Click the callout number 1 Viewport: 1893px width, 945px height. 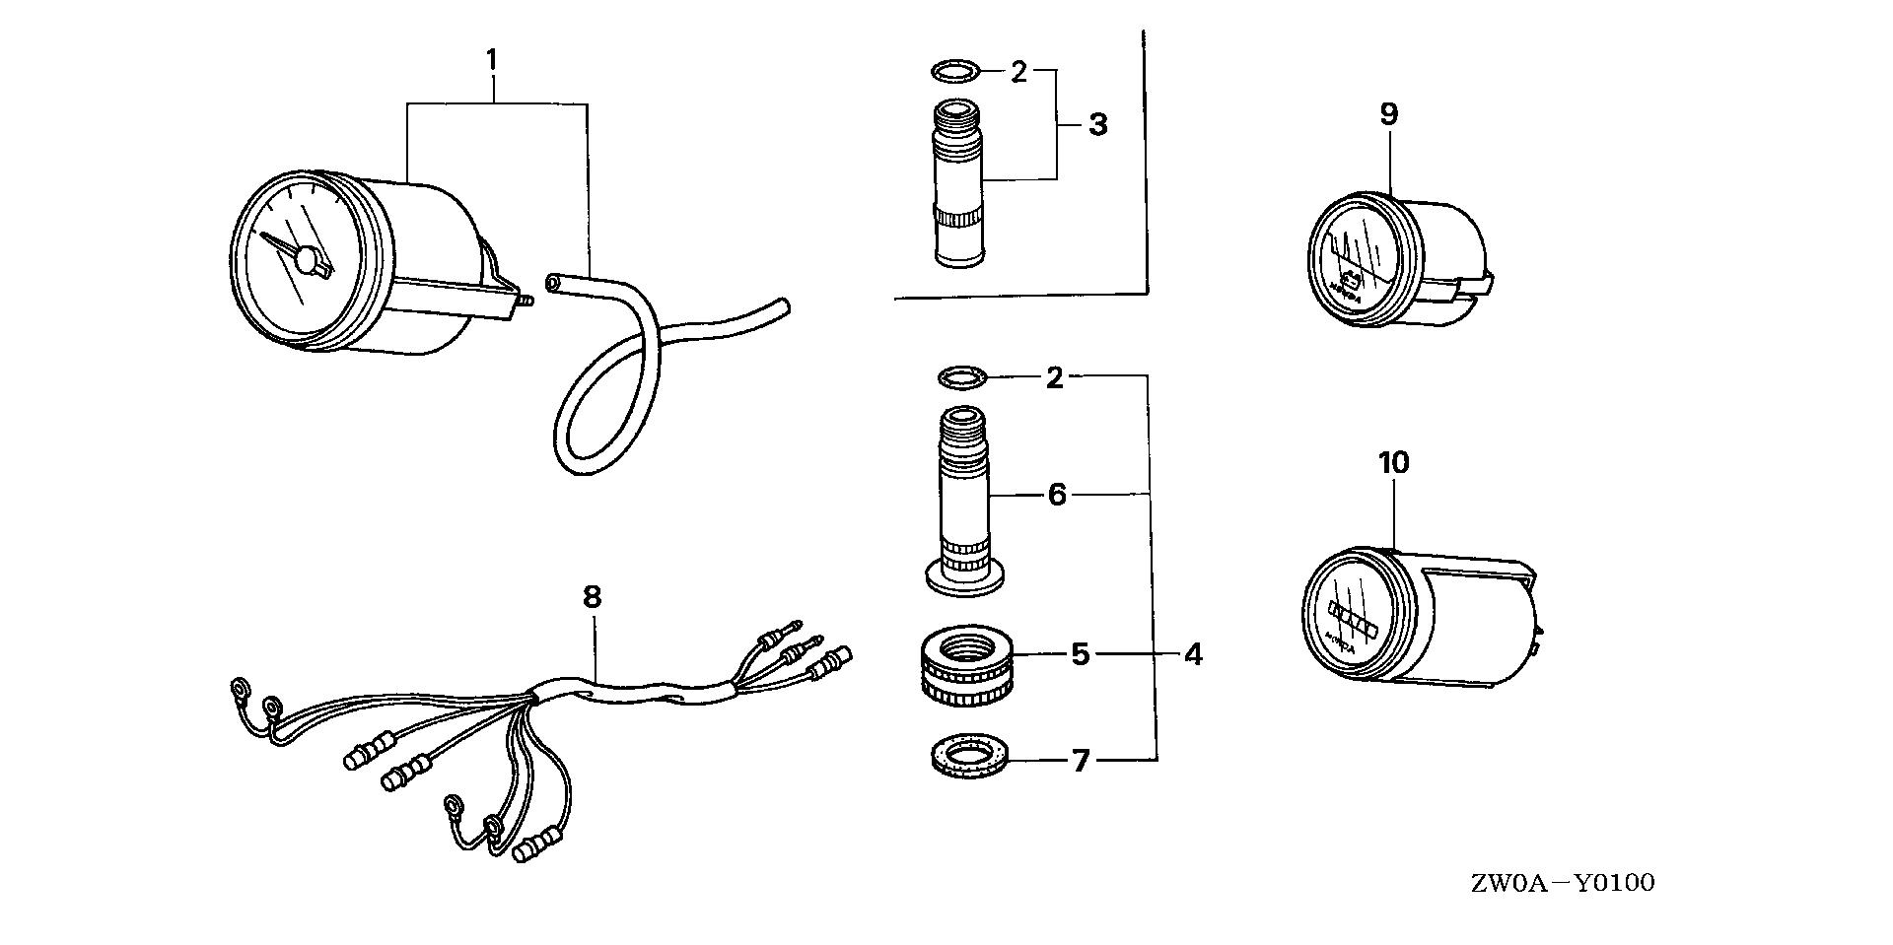[x=491, y=61]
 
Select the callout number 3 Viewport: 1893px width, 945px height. [x=1097, y=125]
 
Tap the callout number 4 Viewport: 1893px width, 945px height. [x=1193, y=653]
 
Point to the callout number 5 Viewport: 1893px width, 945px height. [x=1081, y=653]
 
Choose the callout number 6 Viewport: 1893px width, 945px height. [x=1057, y=495]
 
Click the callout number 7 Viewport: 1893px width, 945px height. [x=1082, y=760]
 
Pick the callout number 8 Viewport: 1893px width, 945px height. [x=592, y=597]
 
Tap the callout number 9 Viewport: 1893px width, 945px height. [x=1388, y=114]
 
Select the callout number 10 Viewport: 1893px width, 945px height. [x=1394, y=462]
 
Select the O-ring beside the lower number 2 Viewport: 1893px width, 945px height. [x=961, y=375]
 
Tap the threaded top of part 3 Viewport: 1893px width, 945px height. [x=957, y=118]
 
